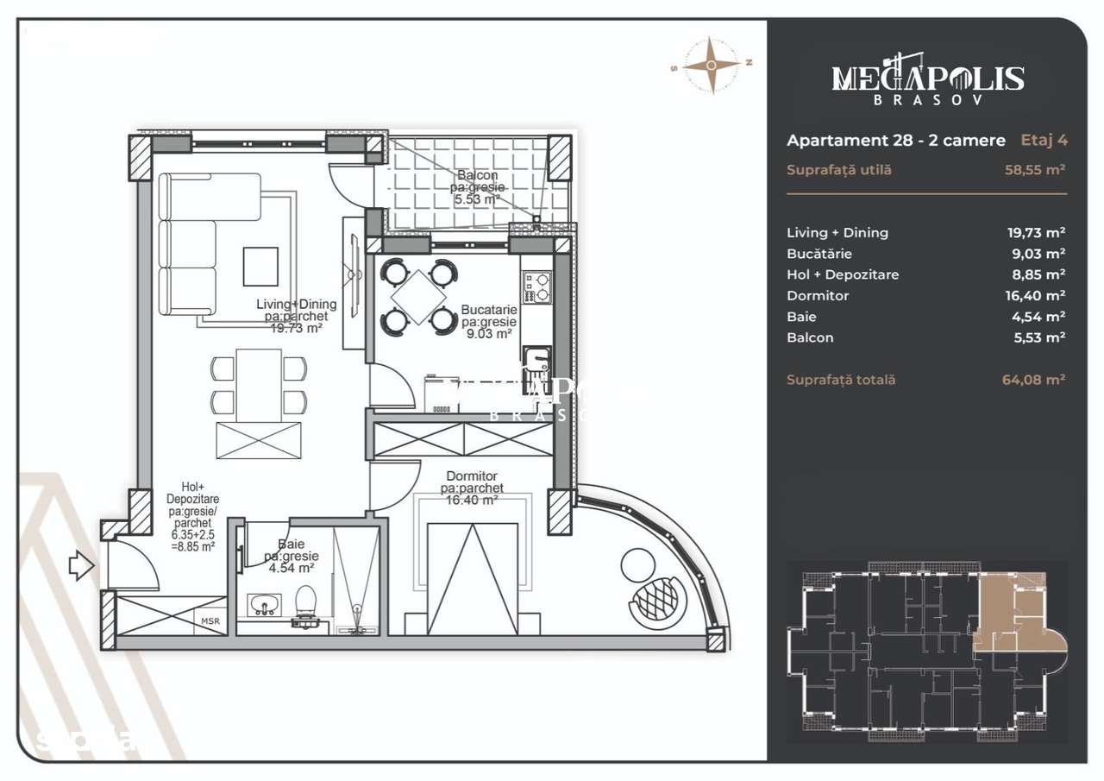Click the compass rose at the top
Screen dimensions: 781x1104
pyautogui.click(x=712, y=64)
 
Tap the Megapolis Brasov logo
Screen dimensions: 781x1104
pyautogui.click(x=927, y=79)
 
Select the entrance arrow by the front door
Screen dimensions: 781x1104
pyautogui.click(x=80, y=567)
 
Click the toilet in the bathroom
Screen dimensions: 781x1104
pyautogui.click(x=305, y=603)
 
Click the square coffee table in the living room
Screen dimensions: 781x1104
pyautogui.click(x=260, y=266)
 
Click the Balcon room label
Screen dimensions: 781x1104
pyautogui.click(x=477, y=176)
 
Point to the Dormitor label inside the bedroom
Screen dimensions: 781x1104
pyautogui.click(x=471, y=476)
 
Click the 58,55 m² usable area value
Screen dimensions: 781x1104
pyautogui.click(x=1034, y=170)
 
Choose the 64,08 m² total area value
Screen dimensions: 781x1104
pyautogui.click(x=1034, y=380)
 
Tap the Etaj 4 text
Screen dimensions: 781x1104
pyautogui.click(x=1044, y=140)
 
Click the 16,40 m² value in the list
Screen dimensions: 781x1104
pyautogui.click(x=1036, y=296)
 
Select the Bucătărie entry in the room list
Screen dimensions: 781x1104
pyautogui.click(x=819, y=254)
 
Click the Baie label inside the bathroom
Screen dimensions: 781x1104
pyautogui.click(x=290, y=545)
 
